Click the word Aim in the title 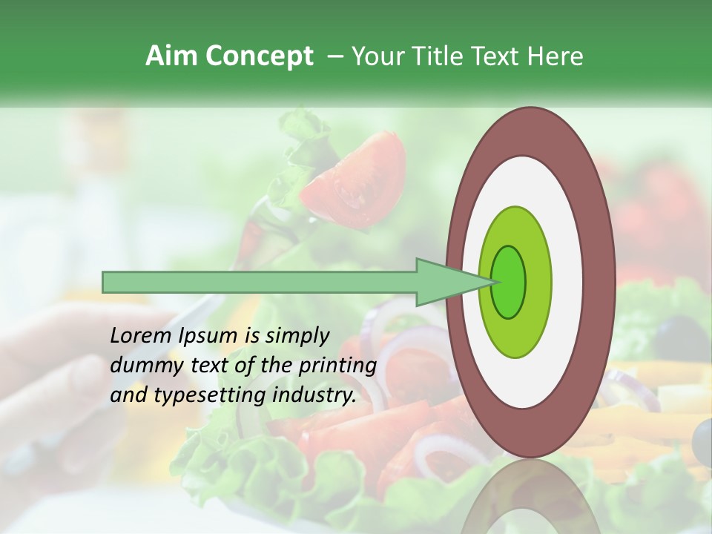tap(172, 56)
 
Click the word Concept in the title tap(259, 56)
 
